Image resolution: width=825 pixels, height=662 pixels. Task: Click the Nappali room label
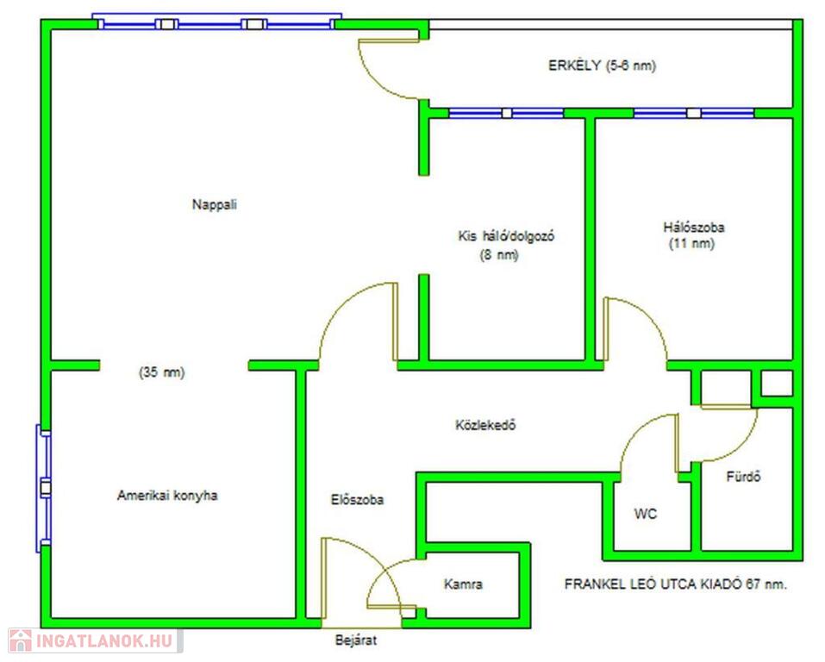214,204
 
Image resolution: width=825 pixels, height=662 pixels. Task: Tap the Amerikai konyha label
167,495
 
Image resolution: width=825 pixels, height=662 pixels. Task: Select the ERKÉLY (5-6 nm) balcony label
602,66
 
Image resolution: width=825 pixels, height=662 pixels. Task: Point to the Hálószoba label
693,228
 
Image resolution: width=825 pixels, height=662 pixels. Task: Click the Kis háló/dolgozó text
506,236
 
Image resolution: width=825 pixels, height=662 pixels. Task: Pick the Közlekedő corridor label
485,425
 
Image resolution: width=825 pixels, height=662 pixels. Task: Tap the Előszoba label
357,499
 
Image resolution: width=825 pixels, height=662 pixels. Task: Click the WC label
646,514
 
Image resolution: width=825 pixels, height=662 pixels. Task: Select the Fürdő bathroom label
743,477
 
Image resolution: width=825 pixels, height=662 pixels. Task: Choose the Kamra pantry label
463,584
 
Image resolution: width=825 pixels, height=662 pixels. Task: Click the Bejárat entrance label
356,640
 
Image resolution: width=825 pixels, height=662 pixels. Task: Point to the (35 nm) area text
161,372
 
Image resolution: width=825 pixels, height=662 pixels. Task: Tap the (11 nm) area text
691,244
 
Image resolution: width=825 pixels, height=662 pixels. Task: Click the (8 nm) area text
499,254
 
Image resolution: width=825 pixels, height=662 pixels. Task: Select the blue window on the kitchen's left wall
44,489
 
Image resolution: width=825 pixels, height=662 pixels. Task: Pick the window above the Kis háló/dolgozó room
506,113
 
